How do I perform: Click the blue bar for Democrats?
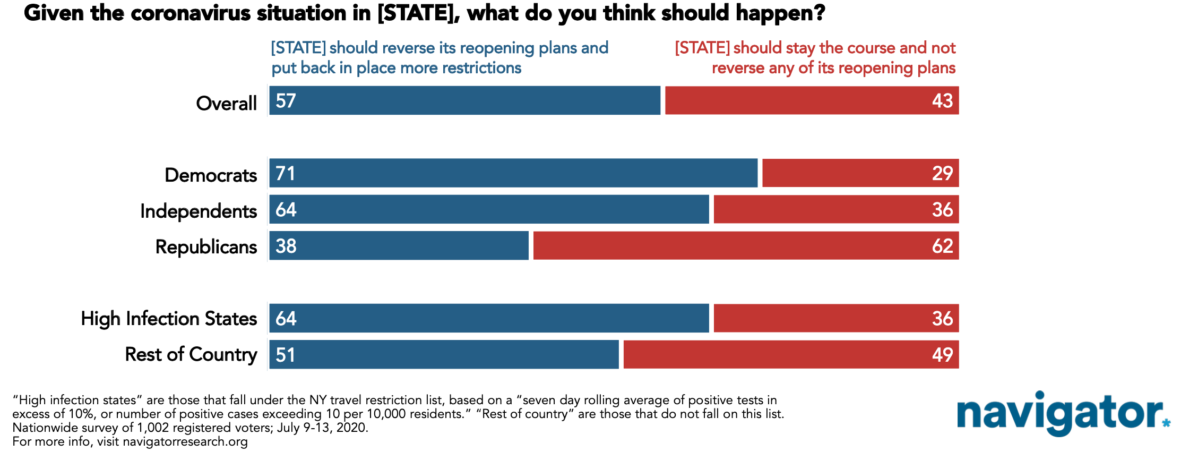click(513, 173)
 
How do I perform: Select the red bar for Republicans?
click(746, 246)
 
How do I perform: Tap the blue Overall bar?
click(465, 100)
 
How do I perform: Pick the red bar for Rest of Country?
click(791, 354)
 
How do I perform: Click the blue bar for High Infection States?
click(489, 318)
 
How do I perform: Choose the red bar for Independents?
click(836, 209)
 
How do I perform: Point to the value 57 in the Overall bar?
click(286, 101)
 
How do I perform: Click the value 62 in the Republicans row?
click(943, 246)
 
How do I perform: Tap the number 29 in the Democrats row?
click(943, 173)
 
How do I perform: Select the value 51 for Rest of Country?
click(286, 355)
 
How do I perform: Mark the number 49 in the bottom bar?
click(943, 355)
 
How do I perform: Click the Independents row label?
click(199, 211)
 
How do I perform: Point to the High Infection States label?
click(169, 319)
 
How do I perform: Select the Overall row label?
click(227, 103)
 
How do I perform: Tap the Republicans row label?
click(206, 247)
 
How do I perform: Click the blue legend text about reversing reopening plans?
click(440, 58)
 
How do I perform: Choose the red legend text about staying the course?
click(815, 58)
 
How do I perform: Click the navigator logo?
click(1063, 414)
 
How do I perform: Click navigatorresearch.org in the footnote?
click(185, 442)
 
